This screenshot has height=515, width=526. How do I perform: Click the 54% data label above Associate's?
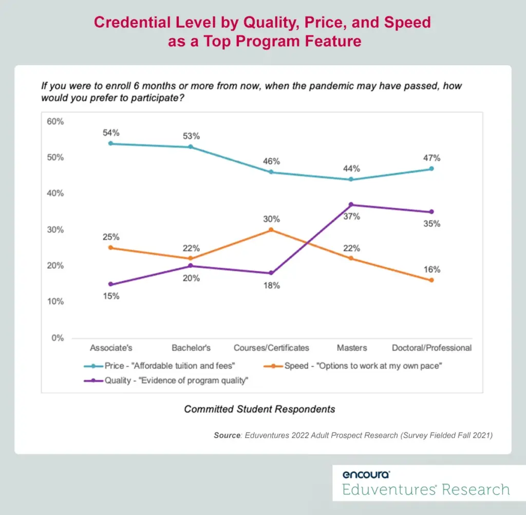[x=111, y=133]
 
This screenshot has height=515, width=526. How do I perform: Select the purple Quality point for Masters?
[x=351, y=205]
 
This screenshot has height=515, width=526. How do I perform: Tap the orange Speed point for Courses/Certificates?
[x=271, y=230]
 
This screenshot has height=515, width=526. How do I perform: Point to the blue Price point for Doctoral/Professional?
[x=431, y=168]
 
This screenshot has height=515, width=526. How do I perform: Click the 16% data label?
[x=431, y=269]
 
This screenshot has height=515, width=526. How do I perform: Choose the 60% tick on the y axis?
[x=55, y=122]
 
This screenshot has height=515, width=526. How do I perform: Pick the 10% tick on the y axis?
[x=55, y=302]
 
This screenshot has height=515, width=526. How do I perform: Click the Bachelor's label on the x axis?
[x=191, y=348]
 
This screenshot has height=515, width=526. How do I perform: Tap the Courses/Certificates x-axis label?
[x=271, y=348]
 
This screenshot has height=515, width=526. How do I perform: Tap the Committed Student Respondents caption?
[x=259, y=409]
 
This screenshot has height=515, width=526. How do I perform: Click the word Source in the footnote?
[x=227, y=435]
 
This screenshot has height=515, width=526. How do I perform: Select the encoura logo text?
[x=366, y=474]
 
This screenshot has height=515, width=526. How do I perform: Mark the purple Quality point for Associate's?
[x=111, y=284]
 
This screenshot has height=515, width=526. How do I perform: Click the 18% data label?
[x=271, y=285]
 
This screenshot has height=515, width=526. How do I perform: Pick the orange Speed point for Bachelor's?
[x=191, y=259]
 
